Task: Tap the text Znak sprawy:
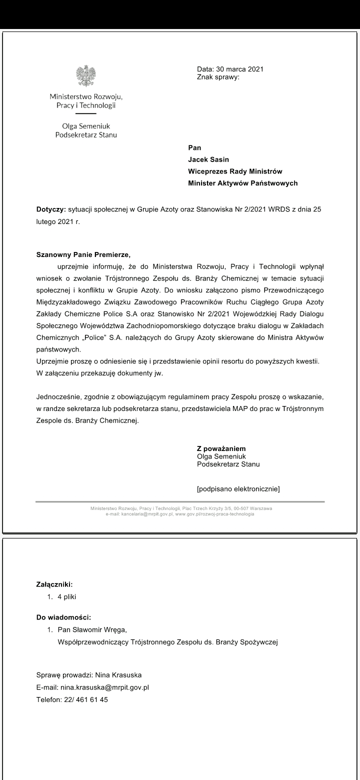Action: coord(218,77)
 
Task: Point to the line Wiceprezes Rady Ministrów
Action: coord(235,171)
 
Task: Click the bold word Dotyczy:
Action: coord(51,209)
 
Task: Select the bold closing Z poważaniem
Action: coord(221,448)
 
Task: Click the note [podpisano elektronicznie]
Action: coord(238,488)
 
